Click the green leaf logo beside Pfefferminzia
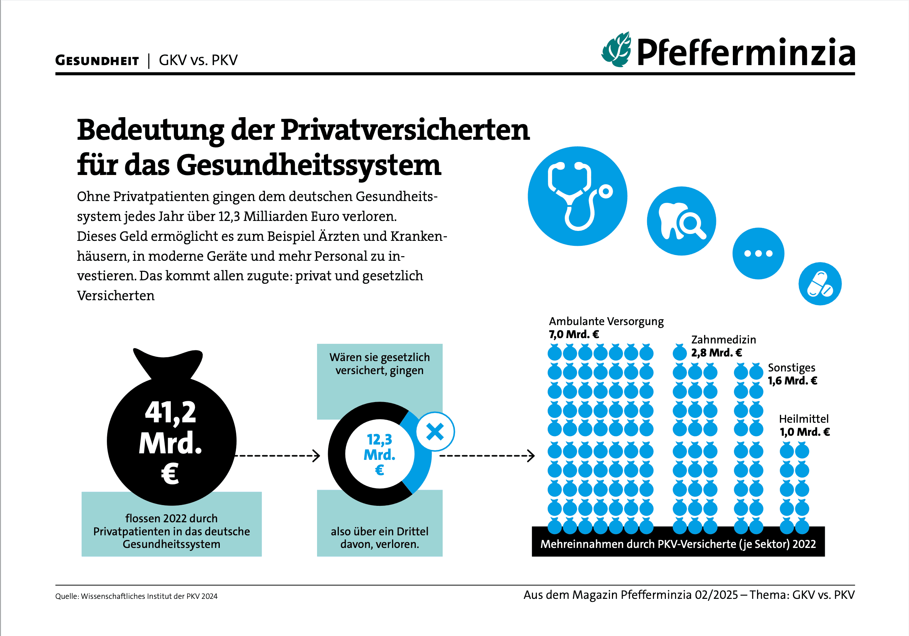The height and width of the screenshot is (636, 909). pos(616,50)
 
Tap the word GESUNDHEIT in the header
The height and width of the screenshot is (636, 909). pos(97,60)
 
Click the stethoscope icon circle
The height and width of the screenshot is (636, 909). pos(577,196)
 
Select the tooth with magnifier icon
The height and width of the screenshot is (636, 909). pos(681,221)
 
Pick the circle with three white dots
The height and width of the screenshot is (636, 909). pos(758,253)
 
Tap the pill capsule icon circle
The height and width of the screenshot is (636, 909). pos(820,284)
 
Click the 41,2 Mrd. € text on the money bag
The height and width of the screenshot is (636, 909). pos(171,441)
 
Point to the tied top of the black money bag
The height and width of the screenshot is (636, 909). pos(168,362)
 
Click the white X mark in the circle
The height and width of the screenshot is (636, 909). pos(435,432)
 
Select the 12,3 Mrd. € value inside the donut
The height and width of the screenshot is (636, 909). pos(379,454)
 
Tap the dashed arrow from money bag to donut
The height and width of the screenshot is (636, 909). pos(277,456)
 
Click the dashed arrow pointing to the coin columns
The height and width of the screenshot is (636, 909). pos(487,456)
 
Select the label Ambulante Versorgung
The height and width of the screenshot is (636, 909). pos(606,321)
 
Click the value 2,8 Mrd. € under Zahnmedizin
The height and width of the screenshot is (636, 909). pos(716,352)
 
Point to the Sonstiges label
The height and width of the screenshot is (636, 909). pos(791,368)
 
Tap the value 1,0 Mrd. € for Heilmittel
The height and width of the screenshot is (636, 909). pos(804,432)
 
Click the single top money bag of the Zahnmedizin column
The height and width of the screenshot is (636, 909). pos(680,352)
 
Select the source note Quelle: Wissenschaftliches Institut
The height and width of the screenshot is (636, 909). pos(136,596)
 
